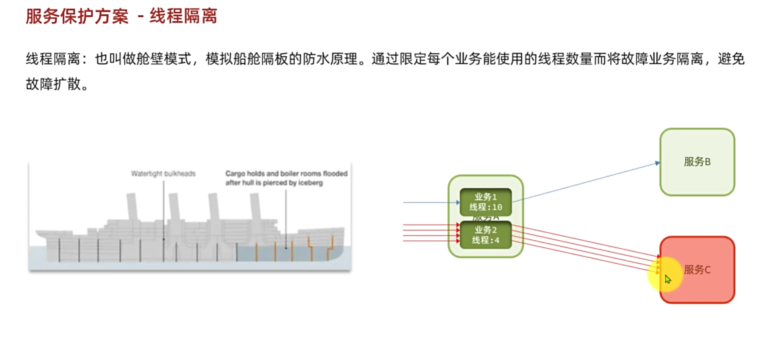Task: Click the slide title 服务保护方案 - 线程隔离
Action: (x=121, y=16)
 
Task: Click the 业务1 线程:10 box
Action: (x=486, y=202)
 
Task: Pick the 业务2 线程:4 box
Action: (x=486, y=235)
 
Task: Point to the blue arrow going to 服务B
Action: (x=585, y=182)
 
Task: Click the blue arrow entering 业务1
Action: (x=429, y=202)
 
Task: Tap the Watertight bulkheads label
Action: (x=163, y=174)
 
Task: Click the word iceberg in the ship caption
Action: (x=310, y=183)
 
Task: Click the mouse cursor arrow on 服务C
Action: (x=668, y=280)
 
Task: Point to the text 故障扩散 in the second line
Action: (x=53, y=84)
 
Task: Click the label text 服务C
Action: (x=697, y=270)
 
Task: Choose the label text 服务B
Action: (x=697, y=162)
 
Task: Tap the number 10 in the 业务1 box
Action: (x=497, y=208)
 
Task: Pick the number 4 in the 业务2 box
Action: (x=497, y=241)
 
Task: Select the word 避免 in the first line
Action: (x=731, y=59)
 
